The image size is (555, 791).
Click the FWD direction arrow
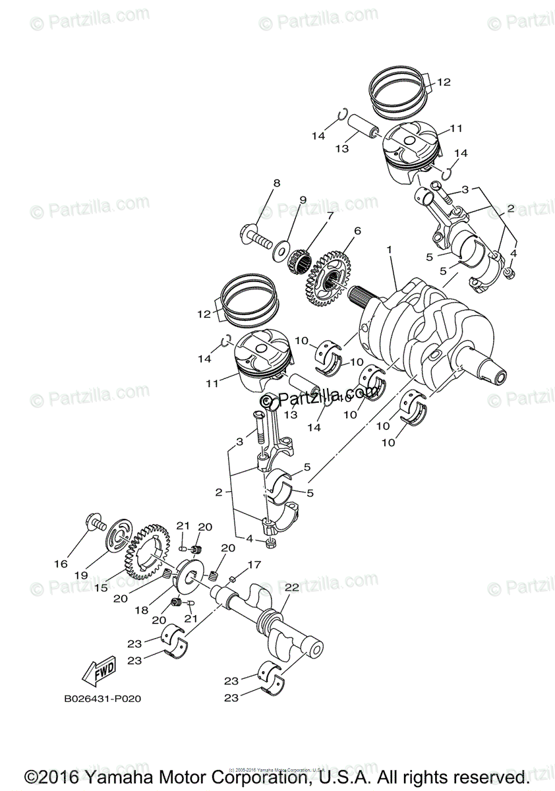(98, 672)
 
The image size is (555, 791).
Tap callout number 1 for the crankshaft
(390, 250)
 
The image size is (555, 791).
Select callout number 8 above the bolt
(277, 183)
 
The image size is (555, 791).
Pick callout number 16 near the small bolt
(61, 564)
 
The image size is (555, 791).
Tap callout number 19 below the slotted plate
(80, 575)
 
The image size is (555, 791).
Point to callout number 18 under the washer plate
(141, 611)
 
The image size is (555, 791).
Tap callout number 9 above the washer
(303, 200)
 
